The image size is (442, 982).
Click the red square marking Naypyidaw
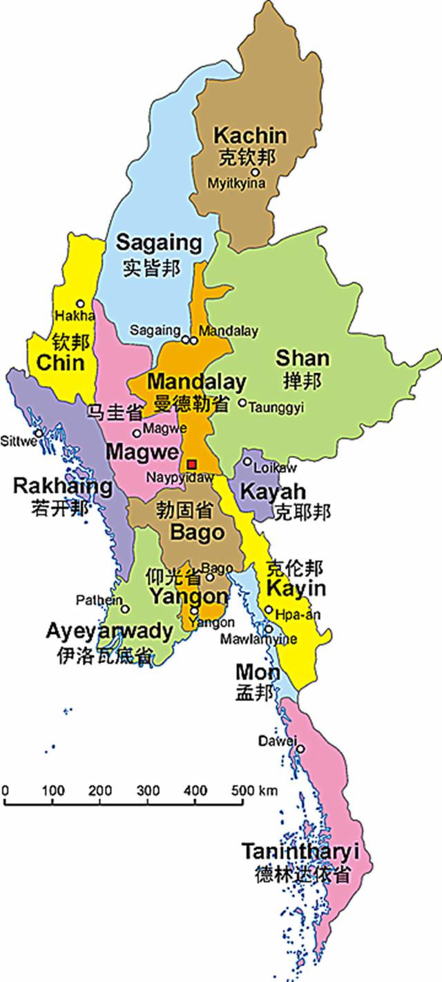(192, 463)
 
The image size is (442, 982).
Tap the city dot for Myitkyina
(255, 172)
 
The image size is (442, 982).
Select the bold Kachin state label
(250, 135)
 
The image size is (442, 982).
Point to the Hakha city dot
(80, 303)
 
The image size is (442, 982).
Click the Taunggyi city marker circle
(242, 403)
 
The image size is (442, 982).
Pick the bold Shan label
(302, 358)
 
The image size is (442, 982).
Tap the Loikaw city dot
(247, 461)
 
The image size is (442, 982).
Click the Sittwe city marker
(39, 433)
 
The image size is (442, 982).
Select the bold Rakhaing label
(63, 486)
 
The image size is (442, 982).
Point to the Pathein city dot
(125, 609)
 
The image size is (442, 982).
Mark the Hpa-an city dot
(269, 609)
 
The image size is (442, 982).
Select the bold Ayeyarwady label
(109, 630)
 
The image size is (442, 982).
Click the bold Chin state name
(60, 363)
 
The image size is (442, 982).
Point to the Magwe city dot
(137, 433)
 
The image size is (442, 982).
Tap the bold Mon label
(258, 672)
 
